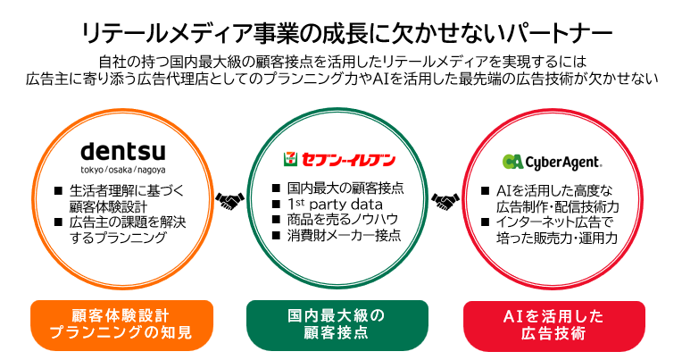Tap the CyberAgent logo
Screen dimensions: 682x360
(x=552, y=162)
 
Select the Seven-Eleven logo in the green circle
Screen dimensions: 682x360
(x=339, y=159)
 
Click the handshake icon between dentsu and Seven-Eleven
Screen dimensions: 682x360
(x=230, y=201)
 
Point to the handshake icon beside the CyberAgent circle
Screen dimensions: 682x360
(x=445, y=201)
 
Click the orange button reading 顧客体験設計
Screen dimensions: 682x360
(x=121, y=325)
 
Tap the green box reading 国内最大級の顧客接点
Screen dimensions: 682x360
(x=337, y=325)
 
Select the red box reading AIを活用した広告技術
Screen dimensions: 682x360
(x=553, y=325)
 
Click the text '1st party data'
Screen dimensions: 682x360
(x=335, y=205)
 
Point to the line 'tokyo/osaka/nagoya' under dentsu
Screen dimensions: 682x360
(x=122, y=170)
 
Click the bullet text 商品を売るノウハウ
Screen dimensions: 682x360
(x=342, y=220)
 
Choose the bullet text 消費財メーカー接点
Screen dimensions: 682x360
(x=344, y=235)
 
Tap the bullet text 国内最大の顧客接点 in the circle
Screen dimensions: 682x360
(x=345, y=188)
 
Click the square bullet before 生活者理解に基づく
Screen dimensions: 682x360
(x=58, y=190)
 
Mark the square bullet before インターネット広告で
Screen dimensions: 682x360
(x=486, y=222)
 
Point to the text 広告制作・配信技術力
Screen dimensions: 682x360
(x=557, y=206)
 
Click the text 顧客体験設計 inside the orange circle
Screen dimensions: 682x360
(x=108, y=206)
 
